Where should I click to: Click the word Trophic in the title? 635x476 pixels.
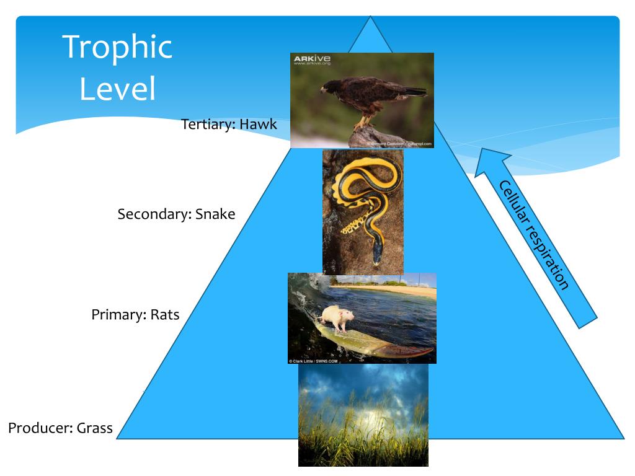click(x=117, y=47)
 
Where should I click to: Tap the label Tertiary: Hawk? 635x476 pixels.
click(x=229, y=124)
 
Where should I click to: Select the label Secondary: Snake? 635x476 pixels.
click(x=176, y=214)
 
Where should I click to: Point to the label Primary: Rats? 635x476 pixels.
click(x=135, y=315)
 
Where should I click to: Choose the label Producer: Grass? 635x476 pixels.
click(x=60, y=428)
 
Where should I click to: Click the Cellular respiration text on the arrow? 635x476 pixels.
click(x=533, y=235)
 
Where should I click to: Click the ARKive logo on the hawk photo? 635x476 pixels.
click(x=312, y=60)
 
